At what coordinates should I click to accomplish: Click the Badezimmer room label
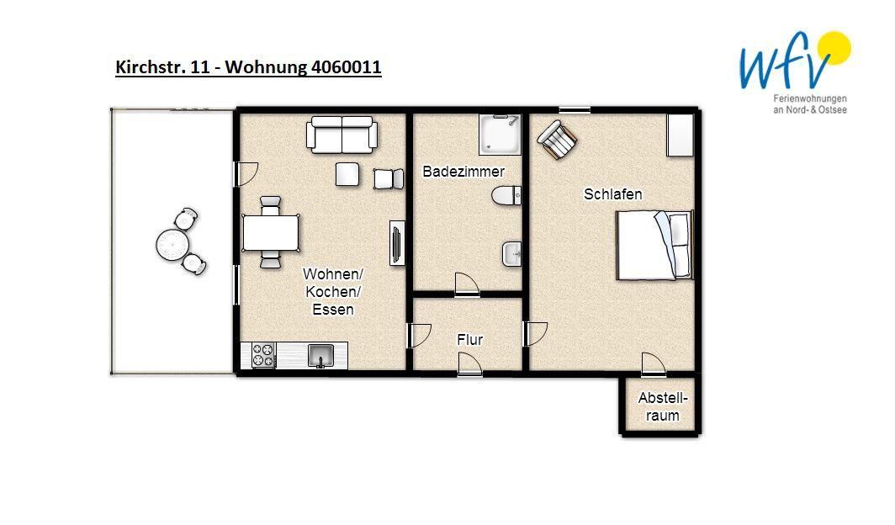pos(463,171)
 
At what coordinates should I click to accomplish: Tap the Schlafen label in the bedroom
pos(612,194)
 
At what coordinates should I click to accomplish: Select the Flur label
pos(469,340)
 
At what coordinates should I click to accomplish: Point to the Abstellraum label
pos(663,406)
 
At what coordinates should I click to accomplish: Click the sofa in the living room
pos(342,135)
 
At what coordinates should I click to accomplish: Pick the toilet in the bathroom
pos(506,195)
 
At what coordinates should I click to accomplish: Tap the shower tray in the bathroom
pos(500,135)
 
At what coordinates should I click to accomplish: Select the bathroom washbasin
pos(512,254)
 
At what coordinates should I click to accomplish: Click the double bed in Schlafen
pos(654,245)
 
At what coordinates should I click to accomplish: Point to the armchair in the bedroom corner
pos(557,139)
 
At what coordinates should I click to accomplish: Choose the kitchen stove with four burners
pos(263,354)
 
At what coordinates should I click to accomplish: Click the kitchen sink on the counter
pos(320,356)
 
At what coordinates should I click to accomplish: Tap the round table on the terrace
pos(172,245)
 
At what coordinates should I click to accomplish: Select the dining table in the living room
pos(271,232)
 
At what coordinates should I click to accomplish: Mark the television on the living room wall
pos(397,242)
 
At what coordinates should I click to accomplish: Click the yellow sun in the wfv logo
pos(834,49)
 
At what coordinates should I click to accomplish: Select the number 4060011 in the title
pos(346,67)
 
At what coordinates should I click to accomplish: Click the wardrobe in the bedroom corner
pos(681,135)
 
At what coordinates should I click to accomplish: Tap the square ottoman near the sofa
pos(347,174)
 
